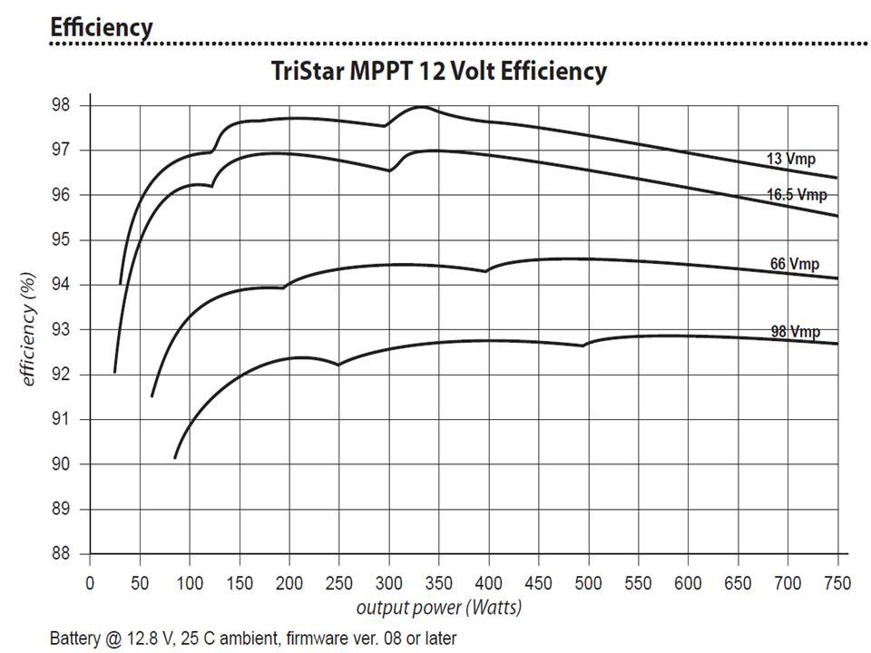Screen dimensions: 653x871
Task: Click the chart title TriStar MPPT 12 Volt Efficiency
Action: pyautogui.click(x=439, y=71)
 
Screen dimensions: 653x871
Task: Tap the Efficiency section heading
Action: pyautogui.click(x=102, y=26)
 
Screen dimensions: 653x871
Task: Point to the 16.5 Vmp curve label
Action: pyautogui.click(x=796, y=194)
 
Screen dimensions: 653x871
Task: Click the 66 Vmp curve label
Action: pyautogui.click(x=794, y=264)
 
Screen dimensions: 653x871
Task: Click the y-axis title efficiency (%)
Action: pyautogui.click(x=30, y=328)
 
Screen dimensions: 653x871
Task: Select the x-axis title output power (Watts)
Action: pyautogui.click(x=438, y=607)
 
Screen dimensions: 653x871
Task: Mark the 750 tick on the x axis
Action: pyautogui.click(x=837, y=581)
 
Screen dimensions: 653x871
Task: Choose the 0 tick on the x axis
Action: pyautogui.click(x=90, y=581)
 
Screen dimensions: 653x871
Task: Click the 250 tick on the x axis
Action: pyautogui.click(x=338, y=581)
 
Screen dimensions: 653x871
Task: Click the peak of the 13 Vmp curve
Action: pyautogui.click(x=420, y=107)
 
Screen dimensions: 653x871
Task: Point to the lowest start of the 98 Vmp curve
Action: pyautogui.click(x=175, y=457)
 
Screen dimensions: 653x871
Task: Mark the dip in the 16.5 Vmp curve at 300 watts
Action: pyautogui.click(x=389, y=171)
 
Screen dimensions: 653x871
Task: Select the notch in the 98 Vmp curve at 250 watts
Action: pyautogui.click(x=338, y=365)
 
